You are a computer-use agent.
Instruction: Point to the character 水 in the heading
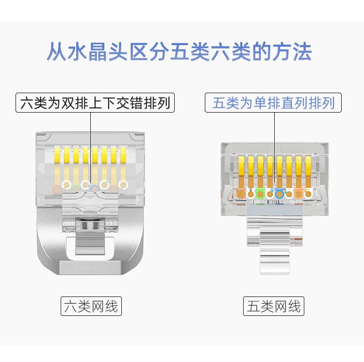[75, 52]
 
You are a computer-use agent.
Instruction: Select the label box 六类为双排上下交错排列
[96, 103]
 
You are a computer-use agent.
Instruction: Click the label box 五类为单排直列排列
[274, 103]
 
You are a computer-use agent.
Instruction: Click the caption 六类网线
[91, 306]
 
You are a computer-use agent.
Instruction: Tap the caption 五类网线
[274, 306]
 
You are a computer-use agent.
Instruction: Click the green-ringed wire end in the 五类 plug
[260, 194]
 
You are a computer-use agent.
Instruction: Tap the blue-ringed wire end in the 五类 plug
[279, 194]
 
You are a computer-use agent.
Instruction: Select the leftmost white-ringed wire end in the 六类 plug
[67, 185]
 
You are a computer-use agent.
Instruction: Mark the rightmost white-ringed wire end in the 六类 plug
[123, 185]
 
